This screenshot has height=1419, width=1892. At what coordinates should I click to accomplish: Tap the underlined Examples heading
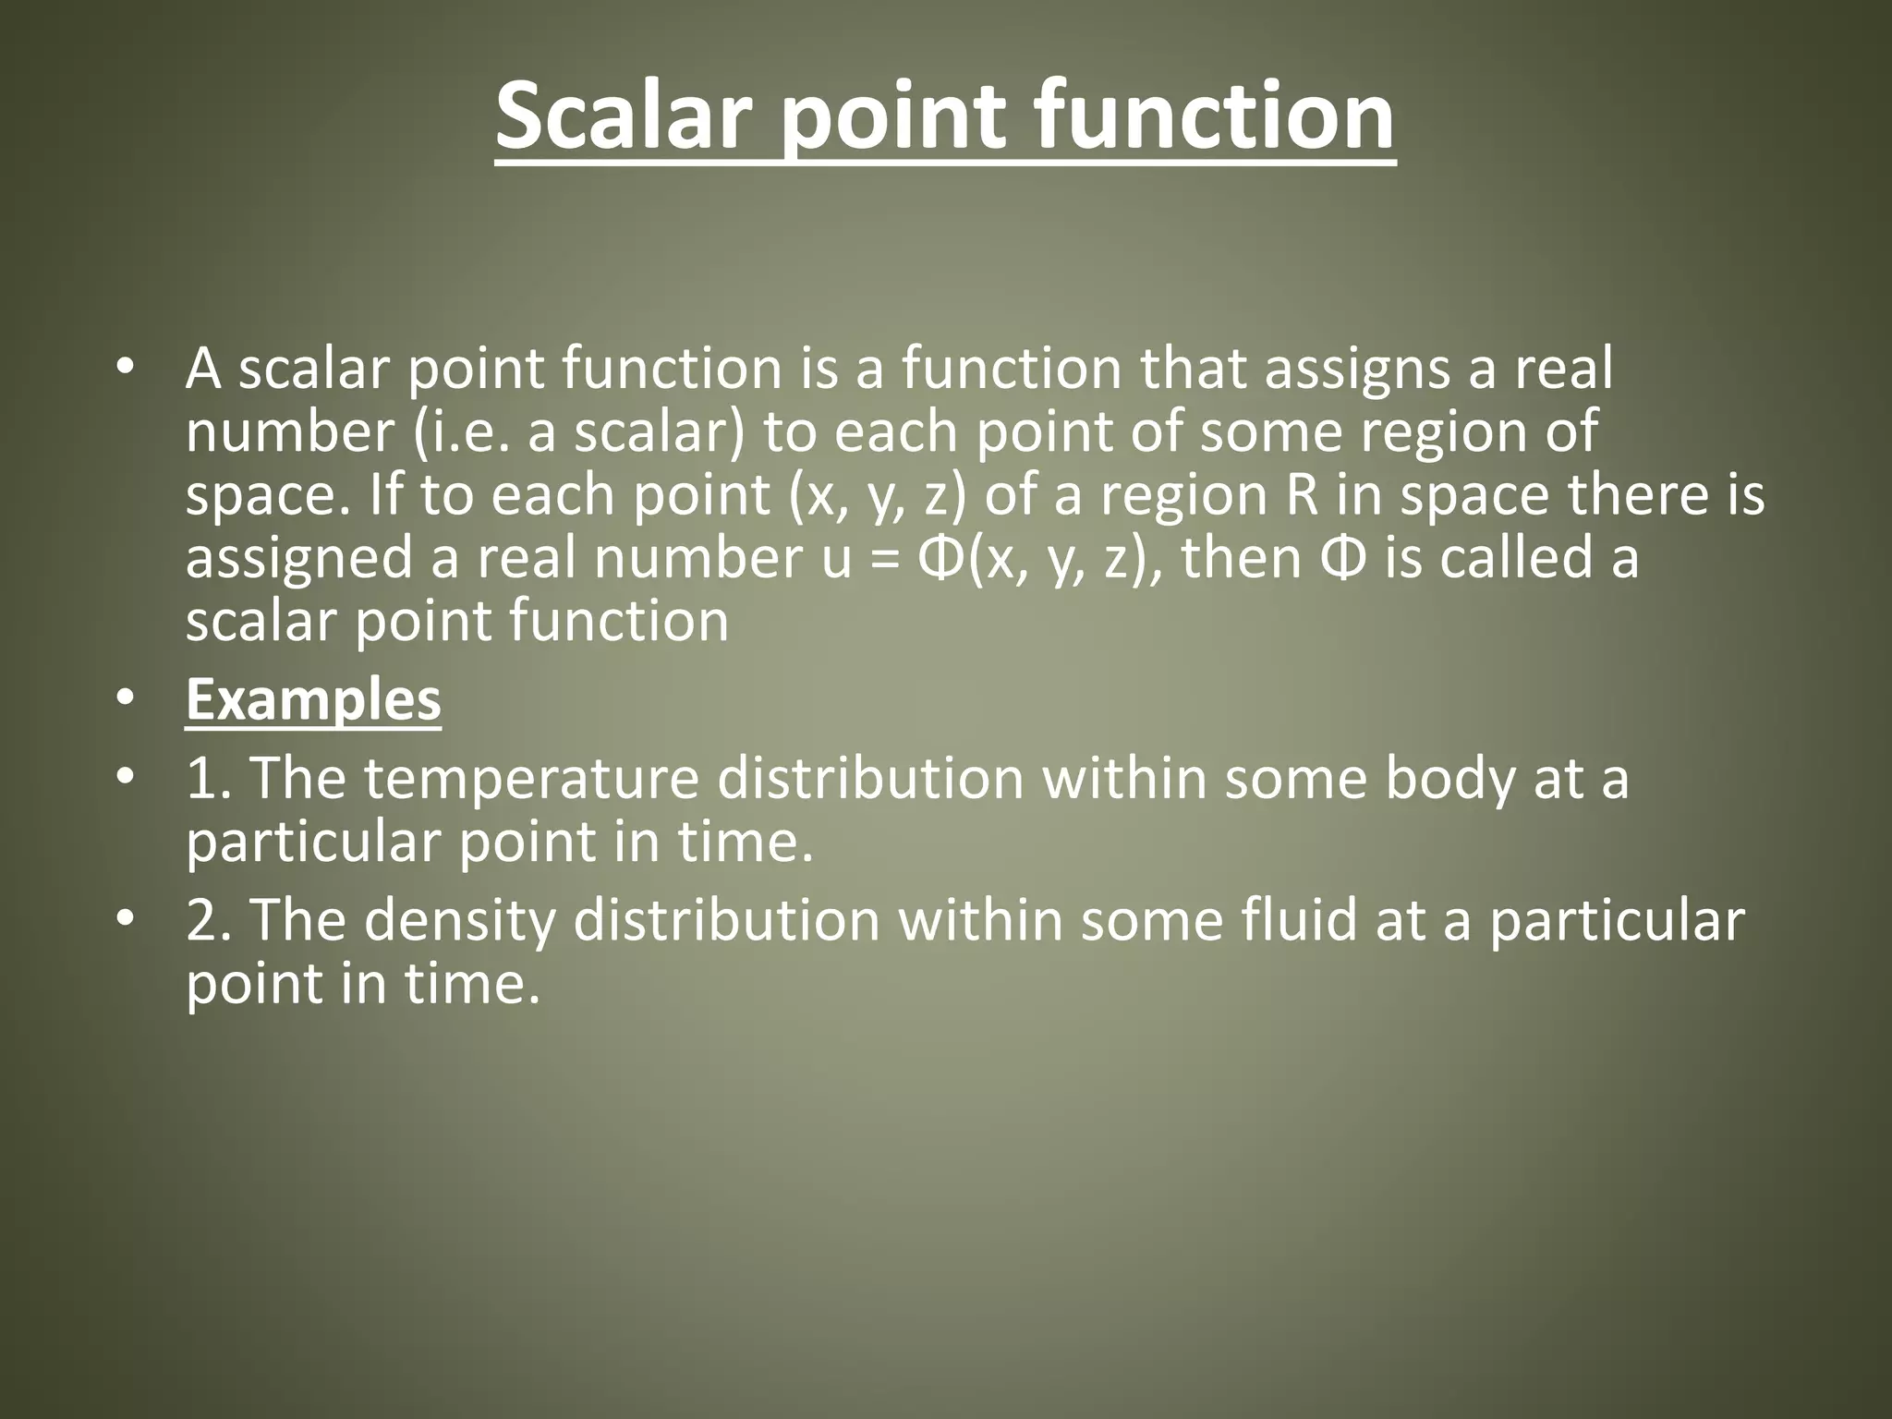(313, 700)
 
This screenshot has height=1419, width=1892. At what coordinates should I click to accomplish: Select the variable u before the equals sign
(836, 559)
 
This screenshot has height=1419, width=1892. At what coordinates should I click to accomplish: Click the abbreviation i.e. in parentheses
(467, 431)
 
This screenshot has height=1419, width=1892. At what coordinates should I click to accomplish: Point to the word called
(1517, 558)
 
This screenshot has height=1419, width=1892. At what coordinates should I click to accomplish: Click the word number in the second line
(289, 431)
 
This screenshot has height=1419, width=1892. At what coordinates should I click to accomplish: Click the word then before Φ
(1241, 558)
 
